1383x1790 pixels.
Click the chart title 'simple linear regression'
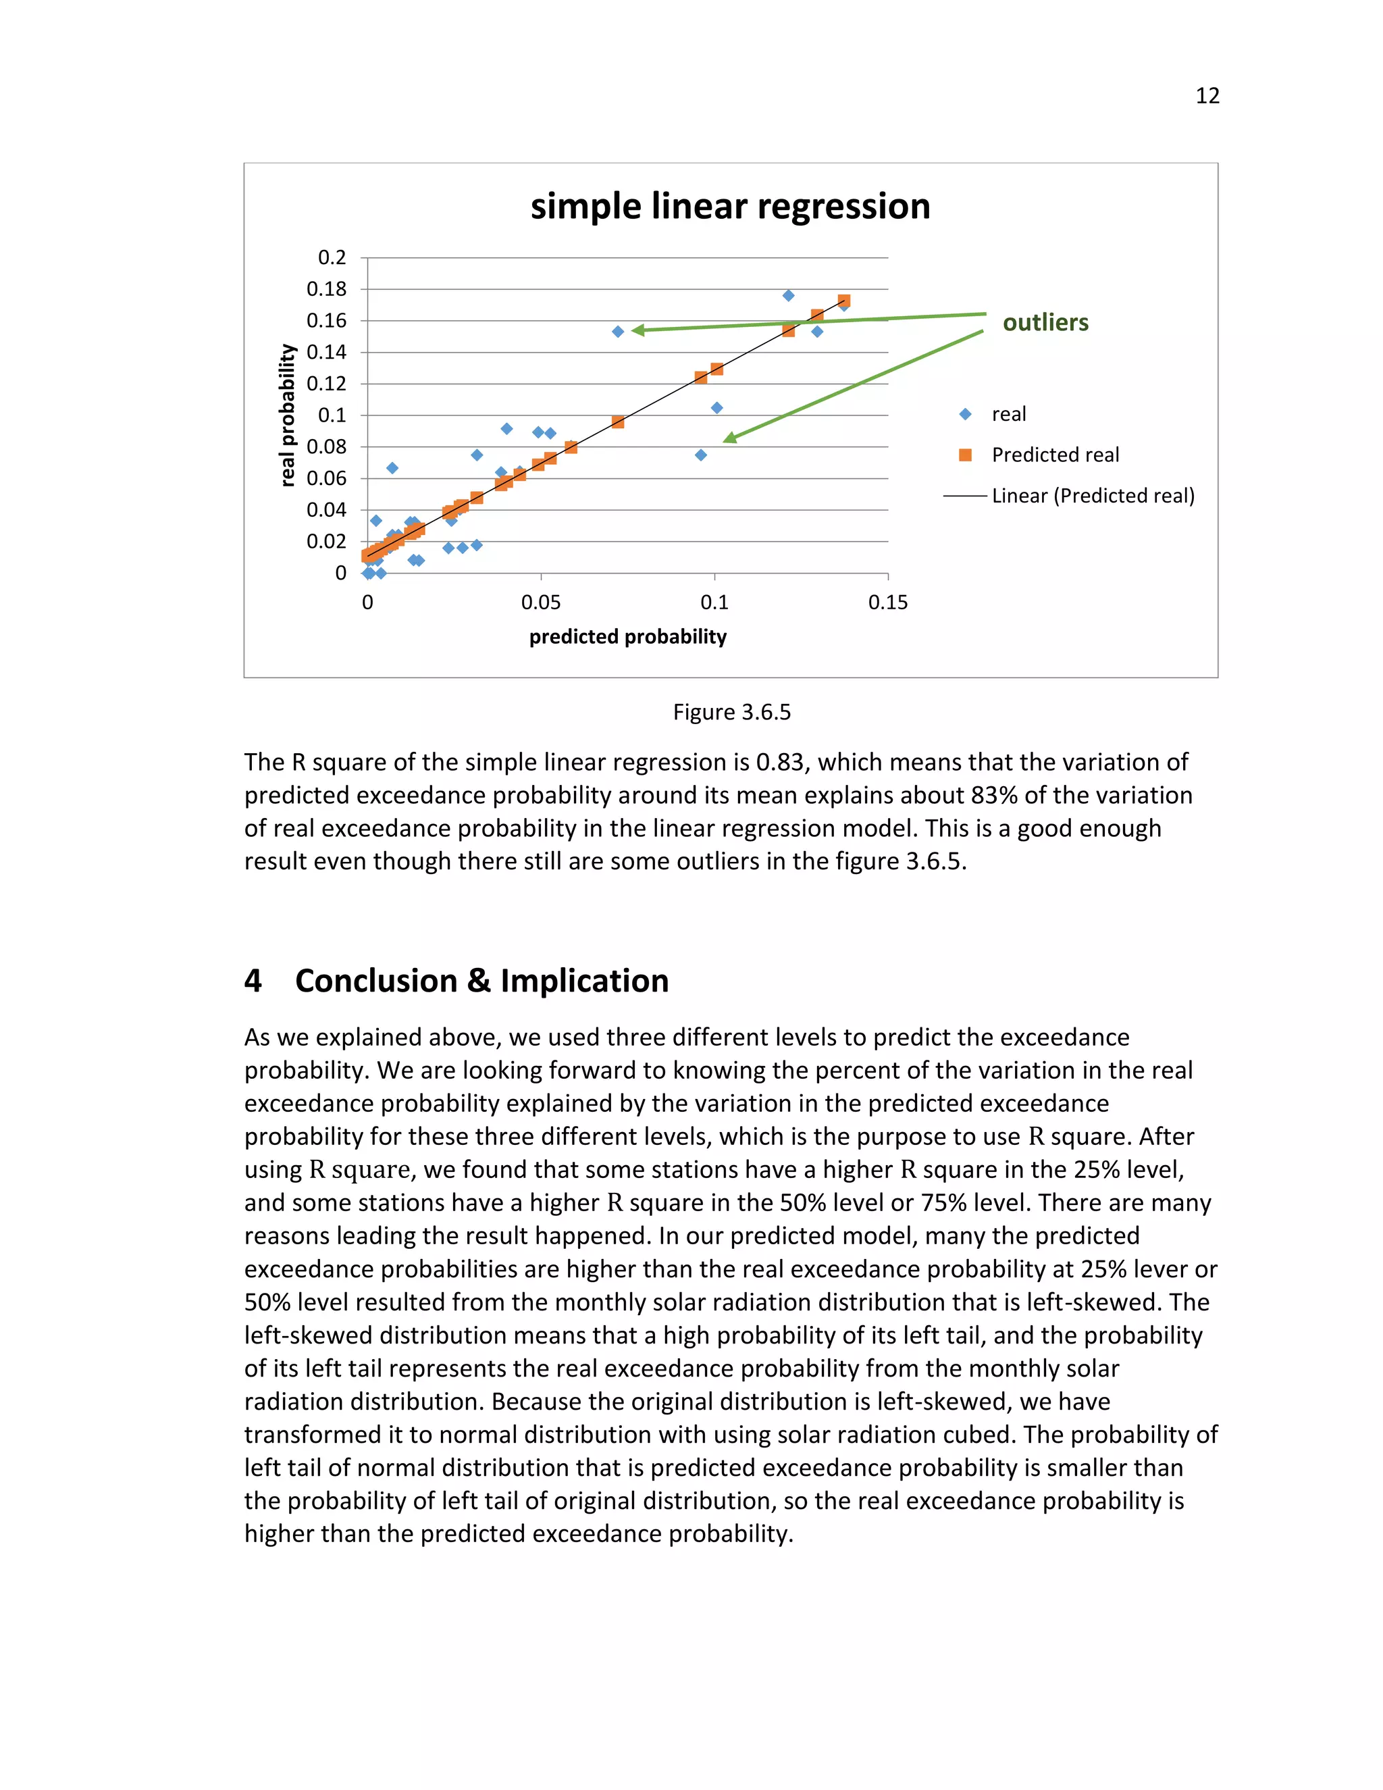[x=730, y=207]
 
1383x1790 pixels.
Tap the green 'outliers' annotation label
[x=1045, y=323]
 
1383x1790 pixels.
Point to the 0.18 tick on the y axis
[x=326, y=289]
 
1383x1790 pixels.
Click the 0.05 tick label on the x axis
[x=541, y=603]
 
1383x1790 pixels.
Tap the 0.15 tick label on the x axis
[x=887, y=603]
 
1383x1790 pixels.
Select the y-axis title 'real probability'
[x=287, y=415]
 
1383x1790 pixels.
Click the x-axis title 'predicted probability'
[x=627, y=637]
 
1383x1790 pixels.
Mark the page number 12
[x=1207, y=97]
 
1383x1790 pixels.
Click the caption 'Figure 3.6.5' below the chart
[x=731, y=712]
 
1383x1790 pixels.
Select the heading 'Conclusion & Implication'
[x=481, y=981]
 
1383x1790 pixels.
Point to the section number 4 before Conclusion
[x=253, y=981]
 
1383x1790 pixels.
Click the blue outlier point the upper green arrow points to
[x=618, y=332]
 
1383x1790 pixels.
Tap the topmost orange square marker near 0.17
[x=844, y=301]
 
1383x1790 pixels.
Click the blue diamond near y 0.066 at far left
[x=392, y=468]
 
